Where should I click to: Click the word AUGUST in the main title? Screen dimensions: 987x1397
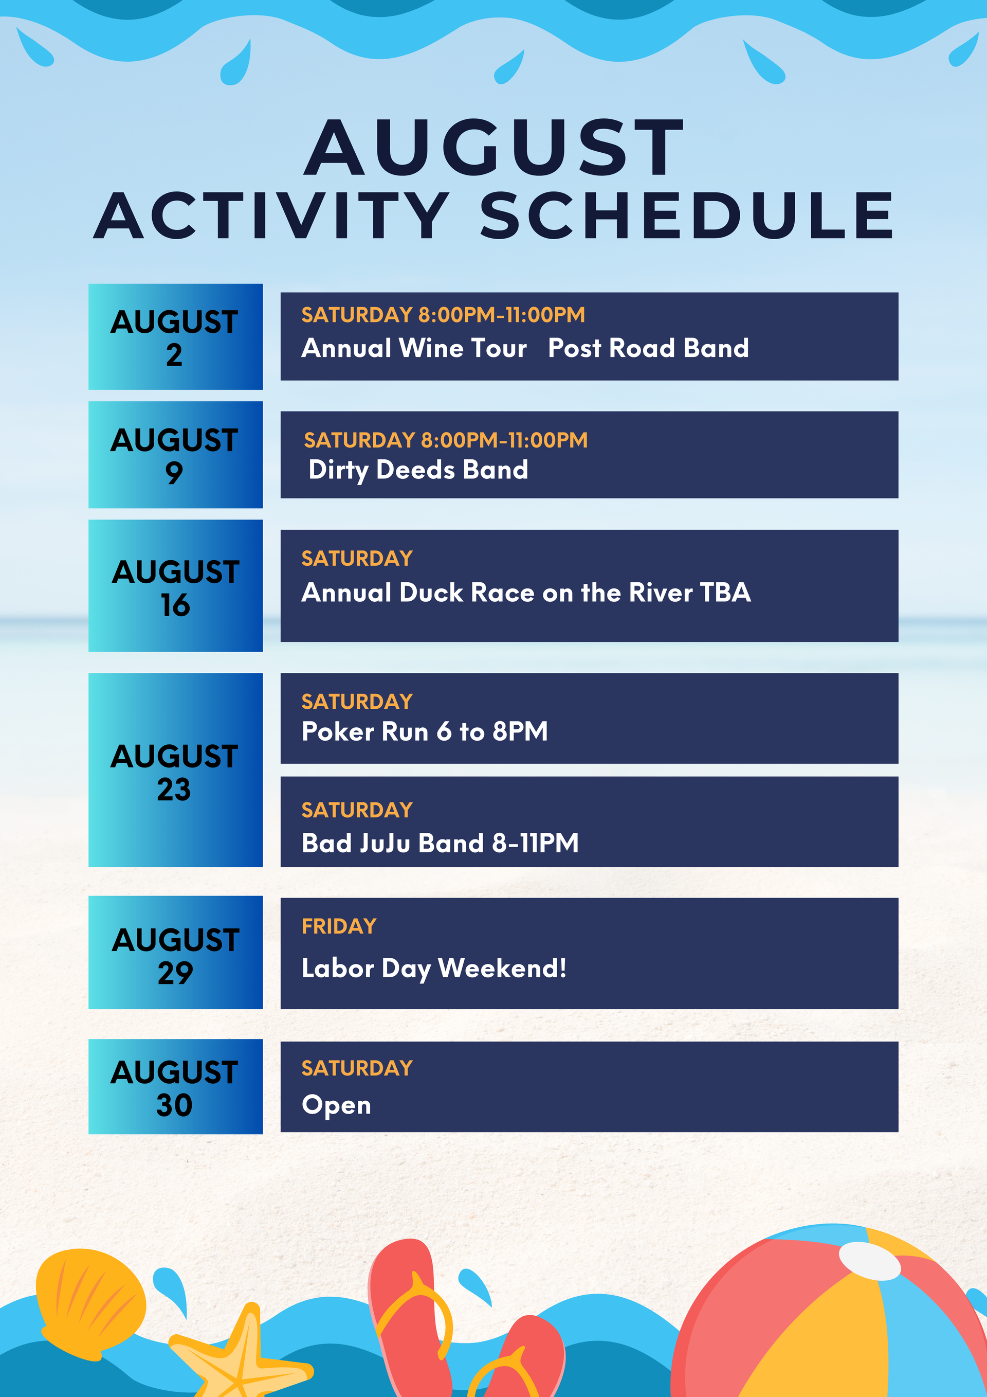pos(494,147)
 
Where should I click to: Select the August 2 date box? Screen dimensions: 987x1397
pos(175,336)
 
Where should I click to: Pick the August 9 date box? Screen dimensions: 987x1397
pos(175,455)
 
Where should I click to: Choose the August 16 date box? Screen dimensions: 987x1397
pos(175,585)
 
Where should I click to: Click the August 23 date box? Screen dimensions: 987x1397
pos(175,769)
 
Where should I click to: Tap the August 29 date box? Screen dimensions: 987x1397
pos(175,952)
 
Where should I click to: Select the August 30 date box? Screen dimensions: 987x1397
pos(175,1086)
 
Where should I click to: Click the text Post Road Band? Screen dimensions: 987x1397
pos(648,348)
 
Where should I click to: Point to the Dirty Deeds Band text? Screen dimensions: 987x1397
pos(418,470)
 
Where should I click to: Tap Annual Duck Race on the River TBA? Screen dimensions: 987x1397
pos(526,592)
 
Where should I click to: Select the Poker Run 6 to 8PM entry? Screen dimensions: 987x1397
pos(425,731)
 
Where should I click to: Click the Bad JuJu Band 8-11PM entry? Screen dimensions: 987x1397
pos(440,843)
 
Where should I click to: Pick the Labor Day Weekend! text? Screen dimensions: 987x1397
pos(433,969)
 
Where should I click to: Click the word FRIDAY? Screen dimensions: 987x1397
pos(339,926)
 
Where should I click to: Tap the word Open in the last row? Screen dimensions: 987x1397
pos(336,1105)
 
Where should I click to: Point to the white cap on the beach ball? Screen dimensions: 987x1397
pos(870,1261)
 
